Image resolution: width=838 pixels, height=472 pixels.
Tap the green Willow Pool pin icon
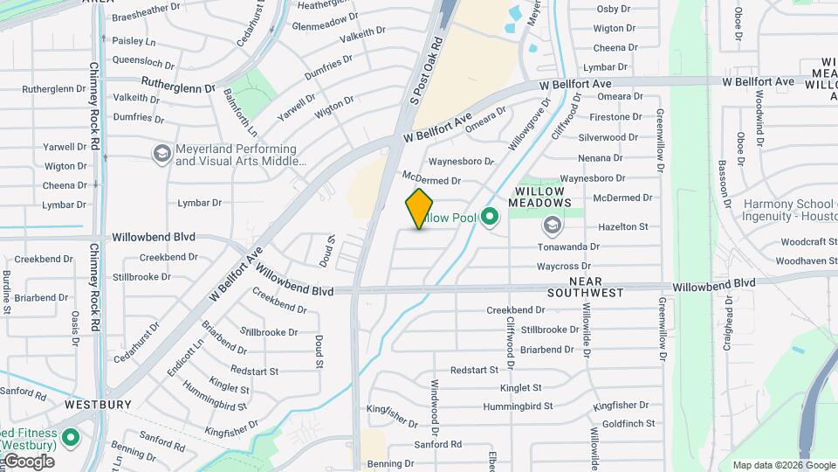click(x=490, y=216)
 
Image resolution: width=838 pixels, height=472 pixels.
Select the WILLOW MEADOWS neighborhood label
click(x=542, y=197)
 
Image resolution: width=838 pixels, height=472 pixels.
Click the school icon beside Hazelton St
click(x=552, y=226)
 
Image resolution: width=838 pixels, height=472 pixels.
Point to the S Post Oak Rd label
click(x=427, y=71)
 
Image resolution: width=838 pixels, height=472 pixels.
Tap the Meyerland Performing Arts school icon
click(x=161, y=155)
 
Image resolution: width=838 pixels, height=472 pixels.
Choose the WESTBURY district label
click(x=98, y=405)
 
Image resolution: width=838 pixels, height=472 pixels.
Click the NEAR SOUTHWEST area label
click(x=586, y=287)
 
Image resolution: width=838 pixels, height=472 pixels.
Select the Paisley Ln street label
click(x=134, y=41)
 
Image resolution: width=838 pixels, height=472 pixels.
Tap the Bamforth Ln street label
click(x=240, y=112)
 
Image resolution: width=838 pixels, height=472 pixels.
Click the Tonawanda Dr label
click(x=568, y=246)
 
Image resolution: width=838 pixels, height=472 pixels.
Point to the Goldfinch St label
click(x=628, y=423)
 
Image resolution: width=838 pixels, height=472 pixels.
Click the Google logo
click(x=28, y=462)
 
